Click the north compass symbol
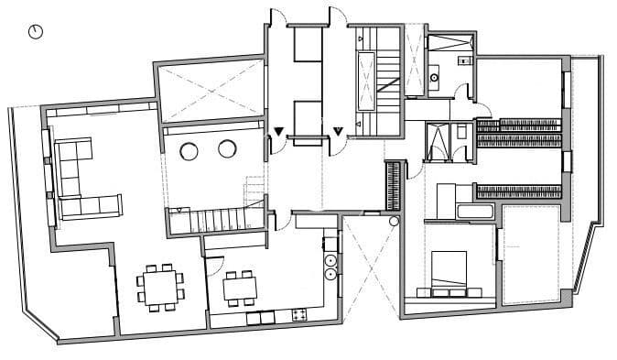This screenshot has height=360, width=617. pyautogui.click(x=37, y=32)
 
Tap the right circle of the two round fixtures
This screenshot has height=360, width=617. pyautogui.click(x=227, y=149)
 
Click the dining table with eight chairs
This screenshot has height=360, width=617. pyautogui.click(x=160, y=285)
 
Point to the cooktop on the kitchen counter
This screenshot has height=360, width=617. pyautogui.click(x=298, y=315)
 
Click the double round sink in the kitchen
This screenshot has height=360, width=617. pyautogui.click(x=330, y=266)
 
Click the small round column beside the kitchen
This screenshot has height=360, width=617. pyautogui.click(x=394, y=221)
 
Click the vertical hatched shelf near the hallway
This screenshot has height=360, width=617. pyautogui.click(x=395, y=182)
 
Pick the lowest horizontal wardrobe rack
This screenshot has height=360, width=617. pyautogui.click(x=517, y=191)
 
